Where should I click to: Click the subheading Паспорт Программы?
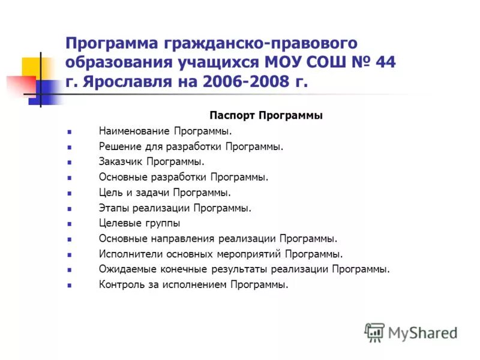266,115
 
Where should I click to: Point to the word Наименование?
135,130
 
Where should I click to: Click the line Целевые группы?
139,223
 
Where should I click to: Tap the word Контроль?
121,285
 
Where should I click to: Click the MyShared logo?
411,332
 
